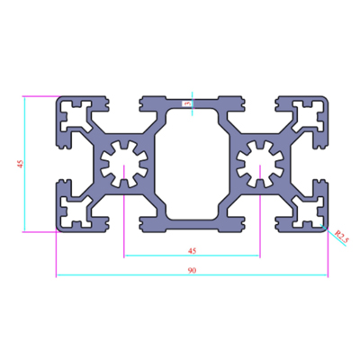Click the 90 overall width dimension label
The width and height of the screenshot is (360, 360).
[192, 270]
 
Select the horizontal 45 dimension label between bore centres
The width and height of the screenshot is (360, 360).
[192, 251]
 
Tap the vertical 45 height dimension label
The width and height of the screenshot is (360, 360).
[21, 164]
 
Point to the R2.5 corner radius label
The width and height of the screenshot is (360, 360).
[342, 236]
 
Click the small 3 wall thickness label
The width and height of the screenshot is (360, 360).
[188, 103]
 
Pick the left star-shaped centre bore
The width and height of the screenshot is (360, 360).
[123, 164]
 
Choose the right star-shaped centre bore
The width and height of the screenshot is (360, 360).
[260, 164]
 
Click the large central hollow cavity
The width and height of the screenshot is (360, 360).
[192, 164]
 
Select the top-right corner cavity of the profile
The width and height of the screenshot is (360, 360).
[309, 117]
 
